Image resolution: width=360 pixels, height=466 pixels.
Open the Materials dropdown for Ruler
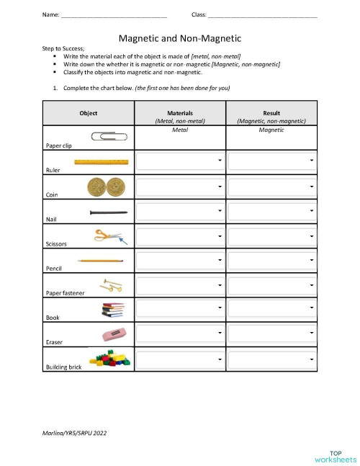coord(180,161)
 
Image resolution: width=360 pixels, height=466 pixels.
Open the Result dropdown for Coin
coord(272,187)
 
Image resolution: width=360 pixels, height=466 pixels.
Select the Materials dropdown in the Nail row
coord(180,210)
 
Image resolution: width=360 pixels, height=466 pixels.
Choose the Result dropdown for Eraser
coord(272,333)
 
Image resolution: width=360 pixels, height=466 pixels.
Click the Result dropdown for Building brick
coord(272,358)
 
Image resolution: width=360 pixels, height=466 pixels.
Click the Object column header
coord(89,113)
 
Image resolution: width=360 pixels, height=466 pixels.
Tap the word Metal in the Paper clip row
coord(180,130)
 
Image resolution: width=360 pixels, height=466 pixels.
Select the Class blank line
coord(262,15)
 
